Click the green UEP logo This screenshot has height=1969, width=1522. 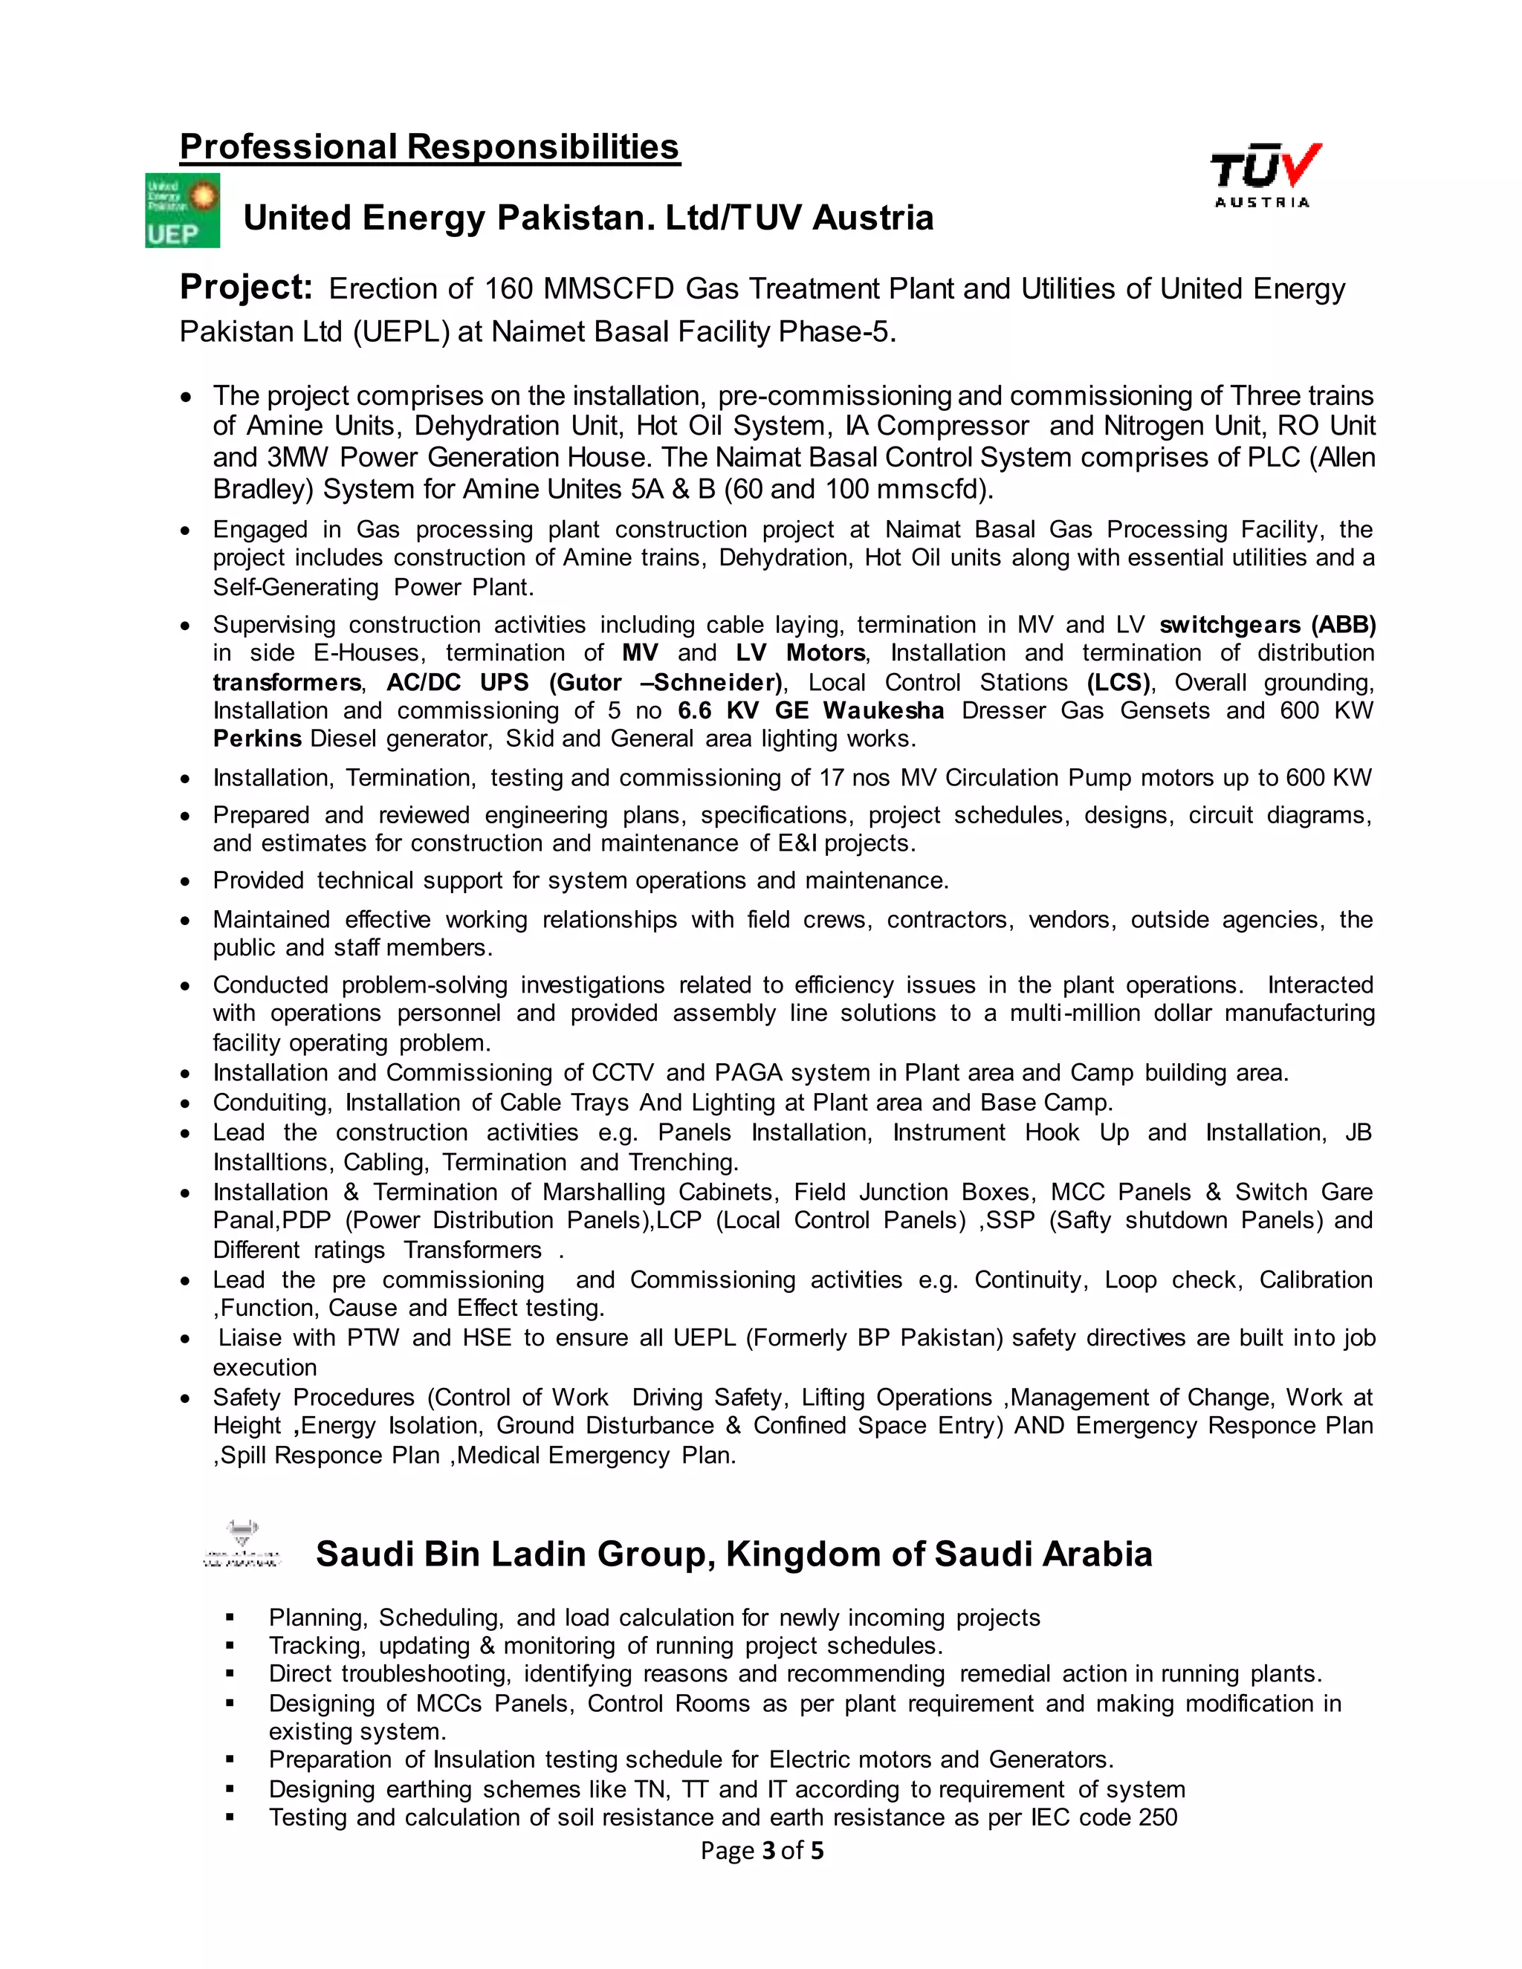click(x=182, y=210)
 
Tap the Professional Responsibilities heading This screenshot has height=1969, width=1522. click(x=430, y=147)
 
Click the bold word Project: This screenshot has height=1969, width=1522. click(x=246, y=288)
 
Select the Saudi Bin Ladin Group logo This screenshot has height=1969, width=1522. click(x=242, y=1545)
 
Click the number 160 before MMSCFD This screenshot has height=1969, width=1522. click(x=508, y=289)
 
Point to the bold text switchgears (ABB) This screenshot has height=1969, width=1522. click(x=1267, y=625)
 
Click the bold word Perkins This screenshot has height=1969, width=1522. click(x=257, y=739)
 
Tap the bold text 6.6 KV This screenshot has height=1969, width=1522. click(x=718, y=710)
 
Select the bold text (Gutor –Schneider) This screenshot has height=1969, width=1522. click(x=665, y=683)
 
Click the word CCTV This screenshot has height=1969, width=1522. click(x=622, y=1073)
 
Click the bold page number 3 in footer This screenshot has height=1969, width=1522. click(x=768, y=1851)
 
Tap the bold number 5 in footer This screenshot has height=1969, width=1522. click(x=817, y=1851)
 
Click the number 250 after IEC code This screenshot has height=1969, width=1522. click(x=1158, y=1817)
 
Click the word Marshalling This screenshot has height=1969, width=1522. click(x=603, y=1192)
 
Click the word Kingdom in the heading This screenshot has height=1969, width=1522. click(x=803, y=1554)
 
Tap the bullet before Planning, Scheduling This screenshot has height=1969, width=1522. click(x=231, y=1618)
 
